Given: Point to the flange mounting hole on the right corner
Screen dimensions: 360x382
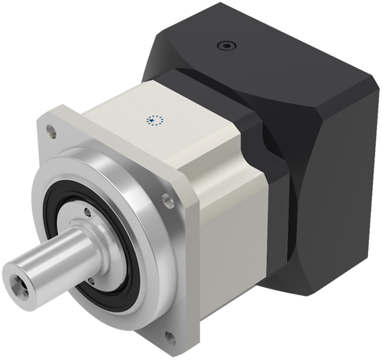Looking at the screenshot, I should (167, 200).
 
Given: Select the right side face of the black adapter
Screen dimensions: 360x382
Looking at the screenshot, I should (331, 191).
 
